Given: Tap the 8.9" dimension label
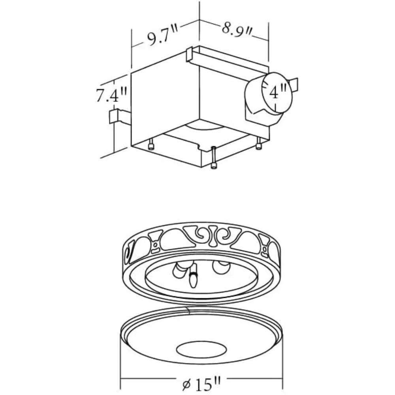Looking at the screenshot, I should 236,30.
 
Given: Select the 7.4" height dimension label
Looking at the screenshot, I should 112,95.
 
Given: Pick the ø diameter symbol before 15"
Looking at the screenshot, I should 188,384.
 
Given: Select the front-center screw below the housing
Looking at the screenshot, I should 214,158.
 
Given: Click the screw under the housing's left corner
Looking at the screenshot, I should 151,145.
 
